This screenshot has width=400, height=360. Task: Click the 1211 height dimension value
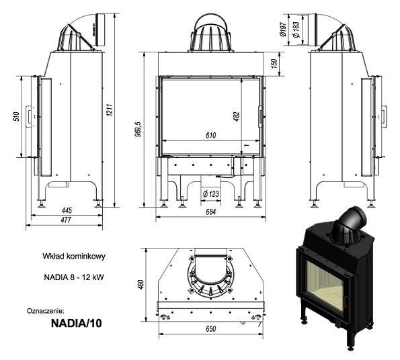(110, 109)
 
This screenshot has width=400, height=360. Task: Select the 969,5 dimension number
(138, 130)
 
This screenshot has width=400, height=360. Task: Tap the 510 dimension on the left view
(17, 116)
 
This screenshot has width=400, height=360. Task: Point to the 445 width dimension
(67, 210)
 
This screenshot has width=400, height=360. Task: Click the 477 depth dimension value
(66, 220)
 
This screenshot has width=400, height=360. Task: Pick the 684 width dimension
(210, 212)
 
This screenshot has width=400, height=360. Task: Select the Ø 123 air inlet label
(210, 194)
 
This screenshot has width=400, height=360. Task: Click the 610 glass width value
(211, 135)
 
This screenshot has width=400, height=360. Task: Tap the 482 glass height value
(237, 116)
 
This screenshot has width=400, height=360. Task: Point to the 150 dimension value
(274, 63)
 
